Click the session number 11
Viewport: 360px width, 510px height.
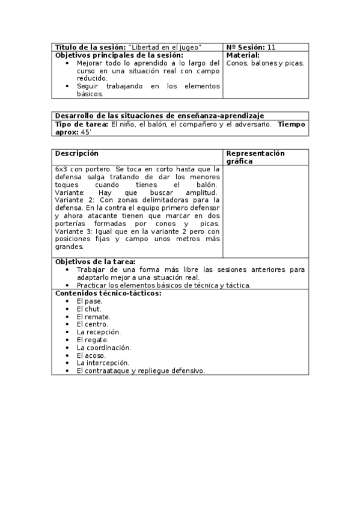(272, 47)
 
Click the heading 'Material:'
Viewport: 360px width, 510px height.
(243, 55)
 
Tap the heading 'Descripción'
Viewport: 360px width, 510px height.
(76, 153)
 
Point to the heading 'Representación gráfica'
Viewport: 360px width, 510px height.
(255, 157)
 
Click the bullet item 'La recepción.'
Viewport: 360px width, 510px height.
(99, 332)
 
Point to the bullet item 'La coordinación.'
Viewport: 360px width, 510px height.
(103, 348)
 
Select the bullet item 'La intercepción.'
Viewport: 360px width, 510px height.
(103, 363)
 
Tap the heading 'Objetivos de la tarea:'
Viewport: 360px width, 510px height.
(95, 262)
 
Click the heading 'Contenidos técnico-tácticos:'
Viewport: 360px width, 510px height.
(108, 293)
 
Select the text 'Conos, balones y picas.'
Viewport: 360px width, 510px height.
(265, 63)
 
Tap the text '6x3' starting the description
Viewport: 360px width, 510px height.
(61, 169)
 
